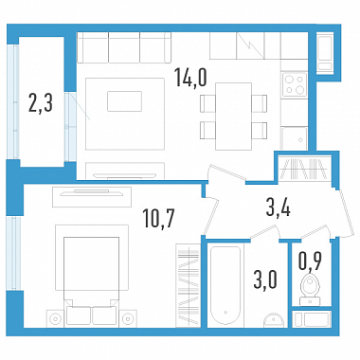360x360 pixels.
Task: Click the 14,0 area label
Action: point(191,78)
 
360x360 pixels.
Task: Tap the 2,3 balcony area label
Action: point(40,102)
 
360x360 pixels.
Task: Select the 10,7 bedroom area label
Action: point(158,218)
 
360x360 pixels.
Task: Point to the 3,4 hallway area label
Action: point(279,208)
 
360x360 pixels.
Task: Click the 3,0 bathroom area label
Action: point(265,279)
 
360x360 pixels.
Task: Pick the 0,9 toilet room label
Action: point(310,261)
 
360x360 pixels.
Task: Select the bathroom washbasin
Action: point(274,320)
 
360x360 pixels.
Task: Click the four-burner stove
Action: point(295,84)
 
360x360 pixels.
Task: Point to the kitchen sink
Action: point(295,138)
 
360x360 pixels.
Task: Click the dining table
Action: point(233,117)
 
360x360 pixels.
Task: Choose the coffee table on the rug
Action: point(124,101)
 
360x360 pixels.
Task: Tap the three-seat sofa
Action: point(124,47)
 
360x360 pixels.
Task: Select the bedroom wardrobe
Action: point(188,285)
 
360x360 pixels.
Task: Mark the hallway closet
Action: point(304,170)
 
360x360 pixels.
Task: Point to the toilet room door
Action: point(315,232)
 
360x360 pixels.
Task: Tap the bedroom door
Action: point(210,216)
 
